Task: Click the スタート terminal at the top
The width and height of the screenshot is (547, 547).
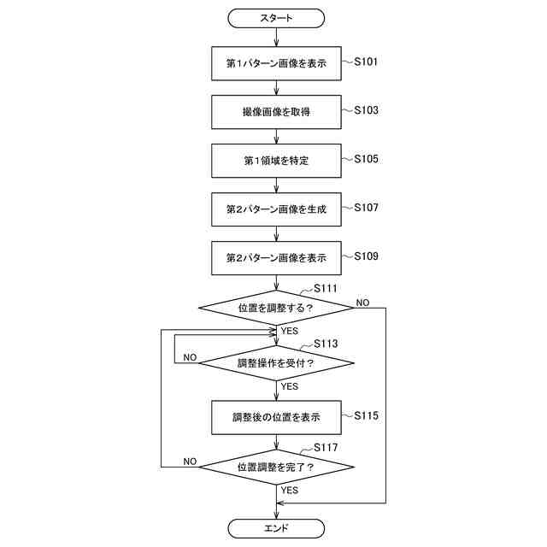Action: (x=276, y=17)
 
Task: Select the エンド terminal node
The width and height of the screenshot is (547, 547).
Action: (x=276, y=528)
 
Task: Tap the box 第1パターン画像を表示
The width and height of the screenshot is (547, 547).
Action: (x=276, y=63)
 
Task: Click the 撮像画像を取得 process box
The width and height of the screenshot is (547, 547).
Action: (x=276, y=112)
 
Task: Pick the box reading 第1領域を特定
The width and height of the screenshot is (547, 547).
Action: (x=276, y=161)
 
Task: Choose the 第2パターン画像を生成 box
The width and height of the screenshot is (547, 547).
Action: (x=276, y=209)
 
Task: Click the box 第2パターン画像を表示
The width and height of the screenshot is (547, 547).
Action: (x=276, y=257)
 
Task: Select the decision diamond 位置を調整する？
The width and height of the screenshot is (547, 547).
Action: (x=276, y=307)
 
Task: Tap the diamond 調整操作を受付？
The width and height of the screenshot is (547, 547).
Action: (x=276, y=362)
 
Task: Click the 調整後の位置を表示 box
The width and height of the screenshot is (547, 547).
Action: (x=276, y=418)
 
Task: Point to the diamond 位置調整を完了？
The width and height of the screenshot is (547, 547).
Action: (x=276, y=468)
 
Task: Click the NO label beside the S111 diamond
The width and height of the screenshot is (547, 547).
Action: (x=362, y=303)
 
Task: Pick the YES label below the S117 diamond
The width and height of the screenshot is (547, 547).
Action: (x=290, y=491)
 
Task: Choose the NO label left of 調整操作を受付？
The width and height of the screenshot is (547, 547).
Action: (x=191, y=356)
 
